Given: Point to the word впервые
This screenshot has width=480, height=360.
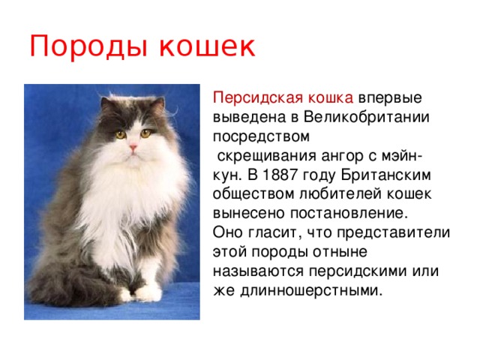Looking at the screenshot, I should (x=389, y=99).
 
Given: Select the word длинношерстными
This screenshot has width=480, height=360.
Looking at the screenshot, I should (x=307, y=289).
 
